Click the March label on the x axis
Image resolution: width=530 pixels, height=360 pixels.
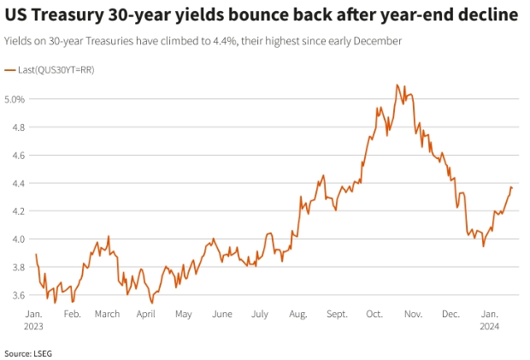(107, 314)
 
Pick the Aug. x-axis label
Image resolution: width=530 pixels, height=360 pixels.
(297, 314)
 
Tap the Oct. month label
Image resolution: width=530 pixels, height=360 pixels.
(374, 314)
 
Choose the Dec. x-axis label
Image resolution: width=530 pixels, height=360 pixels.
(450, 314)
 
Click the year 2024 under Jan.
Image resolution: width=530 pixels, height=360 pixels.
(490, 326)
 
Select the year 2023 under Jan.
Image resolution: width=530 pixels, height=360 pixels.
(34, 326)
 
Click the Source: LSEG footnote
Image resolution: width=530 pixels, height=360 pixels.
(28, 352)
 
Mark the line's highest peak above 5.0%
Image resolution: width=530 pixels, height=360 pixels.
(397, 85)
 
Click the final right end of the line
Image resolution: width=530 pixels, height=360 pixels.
(512, 187)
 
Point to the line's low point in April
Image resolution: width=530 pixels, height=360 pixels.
(152, 303)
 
